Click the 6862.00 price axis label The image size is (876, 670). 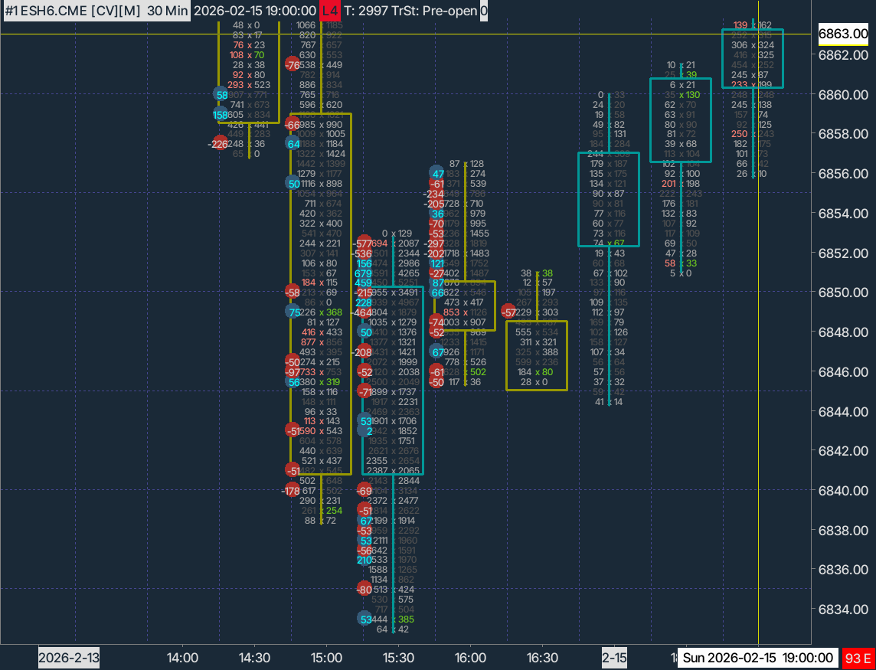(843, 55)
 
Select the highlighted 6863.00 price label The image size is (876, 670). (843, 34)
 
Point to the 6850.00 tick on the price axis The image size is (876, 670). (843, 293)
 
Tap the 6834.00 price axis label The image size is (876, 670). (843, 610)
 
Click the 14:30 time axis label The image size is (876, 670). (254, 658)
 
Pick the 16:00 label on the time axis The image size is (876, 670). (470, 658)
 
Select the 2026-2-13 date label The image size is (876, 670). (69, 658)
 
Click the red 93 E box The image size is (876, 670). (858, 658)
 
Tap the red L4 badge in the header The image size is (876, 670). (329, 11)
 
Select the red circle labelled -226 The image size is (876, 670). (220, 143)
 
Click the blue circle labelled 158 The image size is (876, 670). (221, 114)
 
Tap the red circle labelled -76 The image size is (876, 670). (293, 65)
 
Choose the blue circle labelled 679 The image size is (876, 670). (364, 273)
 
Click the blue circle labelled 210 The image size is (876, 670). (364, 560)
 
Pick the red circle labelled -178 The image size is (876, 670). (292, 490)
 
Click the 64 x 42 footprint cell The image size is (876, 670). (393, 629)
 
